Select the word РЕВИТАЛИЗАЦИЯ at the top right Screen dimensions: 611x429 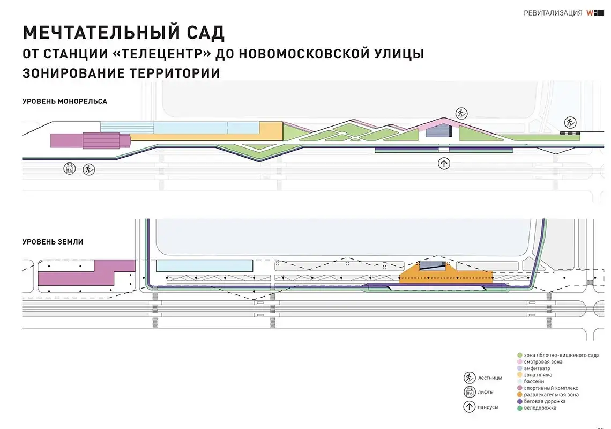click(x=553, y=13)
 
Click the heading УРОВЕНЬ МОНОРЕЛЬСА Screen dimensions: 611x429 click(x=65, y=101)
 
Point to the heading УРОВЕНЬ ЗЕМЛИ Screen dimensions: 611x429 click(x=53, y=242)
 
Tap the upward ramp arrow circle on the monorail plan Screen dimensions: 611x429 click(x=444, y=164)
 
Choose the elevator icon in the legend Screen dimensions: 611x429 click(x=470, y=392)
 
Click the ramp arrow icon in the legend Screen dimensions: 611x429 click(x=470, y=407)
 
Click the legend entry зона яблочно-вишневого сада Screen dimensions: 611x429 click(x=561, y=355)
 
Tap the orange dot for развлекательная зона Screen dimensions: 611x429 click(x=519, y=395)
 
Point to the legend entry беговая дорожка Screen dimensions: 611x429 click(x=547, y=401)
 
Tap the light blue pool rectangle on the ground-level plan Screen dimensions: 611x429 click(x=204, y=265)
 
